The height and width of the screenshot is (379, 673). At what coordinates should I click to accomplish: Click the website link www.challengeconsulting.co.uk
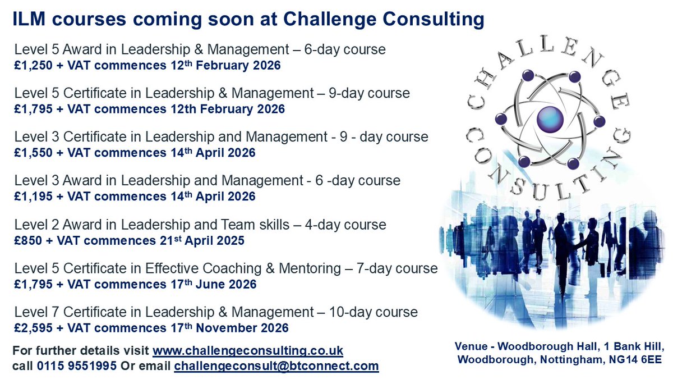(x=247, y=351)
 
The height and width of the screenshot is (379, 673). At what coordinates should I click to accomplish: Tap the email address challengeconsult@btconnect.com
(x=276, y=366)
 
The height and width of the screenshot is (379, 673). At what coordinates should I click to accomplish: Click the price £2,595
(x=33, y=328)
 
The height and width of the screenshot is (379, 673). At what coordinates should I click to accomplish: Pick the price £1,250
(x=33, y=65)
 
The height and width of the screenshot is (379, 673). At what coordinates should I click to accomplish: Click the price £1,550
(x=33, y=153)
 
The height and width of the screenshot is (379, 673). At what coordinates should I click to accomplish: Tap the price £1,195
(x=33, y=197)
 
